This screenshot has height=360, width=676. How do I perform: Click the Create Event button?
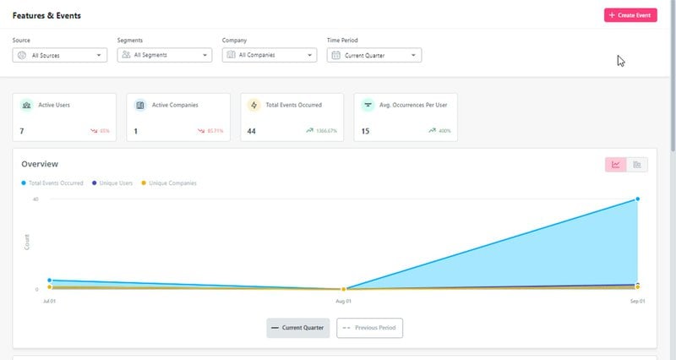630,15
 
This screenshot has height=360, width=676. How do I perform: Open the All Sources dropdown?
60,56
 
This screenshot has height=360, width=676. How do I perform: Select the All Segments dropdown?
165,56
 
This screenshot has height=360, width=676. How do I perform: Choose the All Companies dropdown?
270,56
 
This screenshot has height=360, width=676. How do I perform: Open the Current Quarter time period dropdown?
374,56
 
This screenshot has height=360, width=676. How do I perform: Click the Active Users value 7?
22,131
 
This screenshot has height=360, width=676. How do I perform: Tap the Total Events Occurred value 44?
251,131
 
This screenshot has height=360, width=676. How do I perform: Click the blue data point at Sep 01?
636,199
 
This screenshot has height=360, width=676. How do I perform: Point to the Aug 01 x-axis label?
343,301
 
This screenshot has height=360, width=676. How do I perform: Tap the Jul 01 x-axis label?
49,301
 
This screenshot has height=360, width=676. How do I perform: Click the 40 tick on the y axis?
35,199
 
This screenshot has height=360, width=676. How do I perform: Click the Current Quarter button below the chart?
298,327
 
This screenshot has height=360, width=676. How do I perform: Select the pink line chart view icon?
615,165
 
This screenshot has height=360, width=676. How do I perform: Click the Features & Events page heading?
46,15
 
